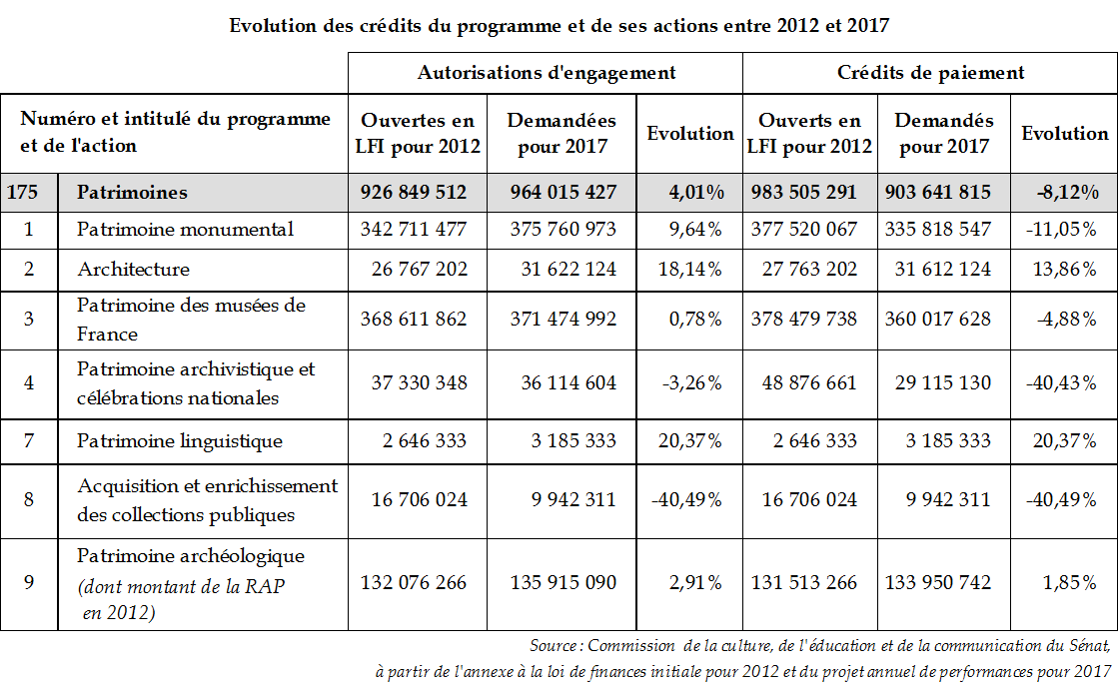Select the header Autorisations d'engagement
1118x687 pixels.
point(546,72)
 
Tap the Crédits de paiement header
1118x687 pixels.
point(930,72)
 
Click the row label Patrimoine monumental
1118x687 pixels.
point(185,229)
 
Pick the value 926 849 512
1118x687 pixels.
point(414,192)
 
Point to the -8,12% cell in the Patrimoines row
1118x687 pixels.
point(1066,192)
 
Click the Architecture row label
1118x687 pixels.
point(133,269)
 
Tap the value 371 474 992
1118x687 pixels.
point(563,319)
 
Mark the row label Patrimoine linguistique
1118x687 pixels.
point(180,440)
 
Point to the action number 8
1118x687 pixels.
point(28,500)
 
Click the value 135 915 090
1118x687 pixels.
point(563,582)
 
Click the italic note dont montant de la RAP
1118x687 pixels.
point(181,586)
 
